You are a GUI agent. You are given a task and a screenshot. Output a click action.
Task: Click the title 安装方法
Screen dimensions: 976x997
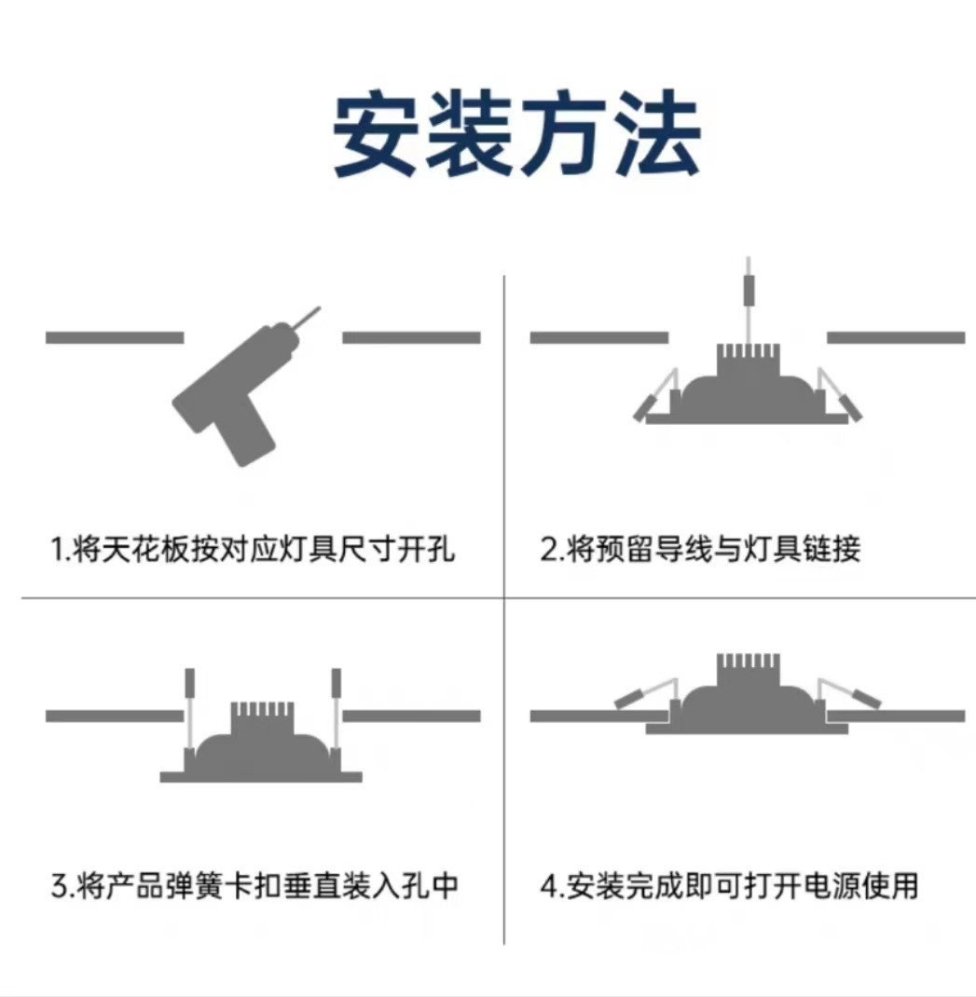tap(517, 136)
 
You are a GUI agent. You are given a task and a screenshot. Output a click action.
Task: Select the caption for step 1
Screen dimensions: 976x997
tap(253, 549)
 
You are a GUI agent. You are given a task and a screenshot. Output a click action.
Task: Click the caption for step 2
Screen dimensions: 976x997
tap(700, 549)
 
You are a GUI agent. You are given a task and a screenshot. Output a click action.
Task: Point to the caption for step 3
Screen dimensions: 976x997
tap(254, 884)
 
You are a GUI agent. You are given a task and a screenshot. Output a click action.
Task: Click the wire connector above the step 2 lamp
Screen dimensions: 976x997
tap(747, 289)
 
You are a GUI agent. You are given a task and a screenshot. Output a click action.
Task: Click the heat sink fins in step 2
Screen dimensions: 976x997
tap(746, 359)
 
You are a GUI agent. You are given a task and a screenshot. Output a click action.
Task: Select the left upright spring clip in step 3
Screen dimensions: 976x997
tap(189, 685)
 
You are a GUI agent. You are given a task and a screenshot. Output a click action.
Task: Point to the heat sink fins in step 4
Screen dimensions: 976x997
tap(747, 669)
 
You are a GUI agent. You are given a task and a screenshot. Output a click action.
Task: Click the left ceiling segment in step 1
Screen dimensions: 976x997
tap(114, 337)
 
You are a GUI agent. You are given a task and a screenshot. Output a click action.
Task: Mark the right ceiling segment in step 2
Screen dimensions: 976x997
tap(896, 337)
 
